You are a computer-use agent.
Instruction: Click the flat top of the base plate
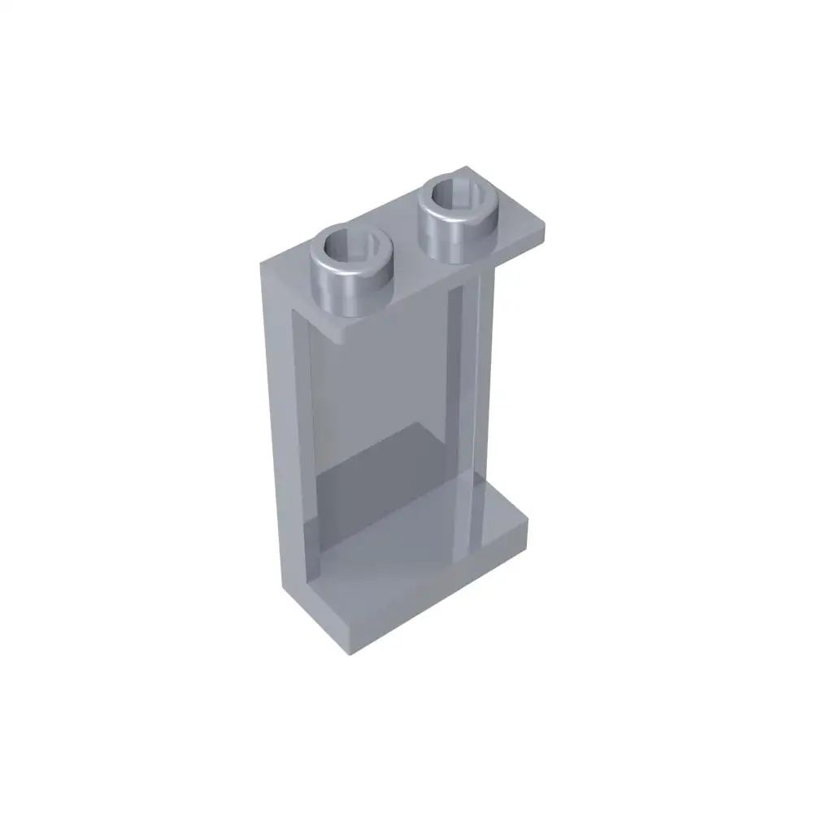pos(423,545)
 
